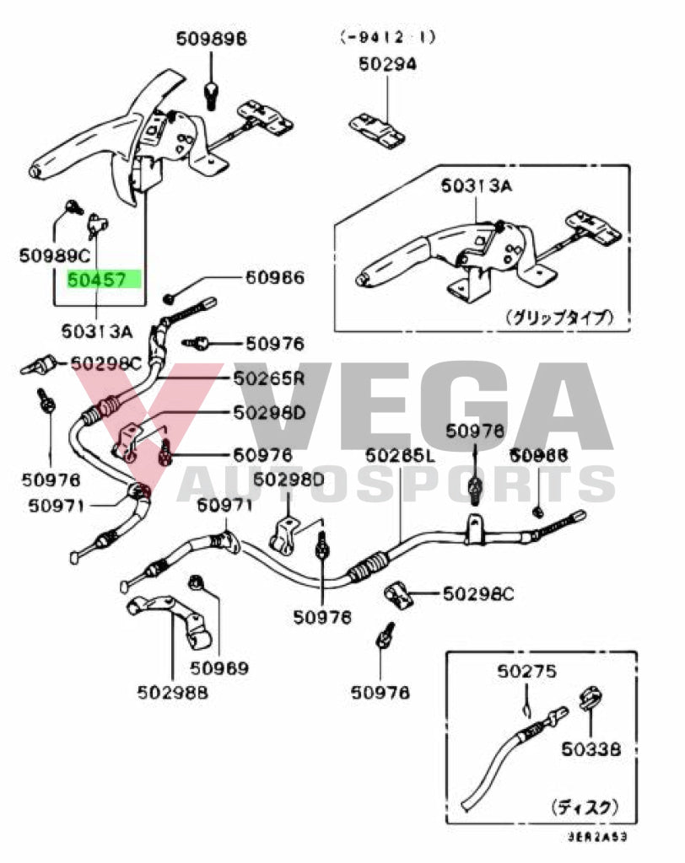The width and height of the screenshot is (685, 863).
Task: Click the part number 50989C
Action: [x=54, y=253]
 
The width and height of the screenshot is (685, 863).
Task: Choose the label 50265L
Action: [x=400, y=457]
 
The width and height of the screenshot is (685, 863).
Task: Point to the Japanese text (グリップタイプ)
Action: [x=559, y=318]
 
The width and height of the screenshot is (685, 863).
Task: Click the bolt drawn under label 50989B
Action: [x=212, y=88]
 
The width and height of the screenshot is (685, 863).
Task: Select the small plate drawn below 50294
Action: [x=380, y=127]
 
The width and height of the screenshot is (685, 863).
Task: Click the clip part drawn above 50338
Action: [x=591, y=700]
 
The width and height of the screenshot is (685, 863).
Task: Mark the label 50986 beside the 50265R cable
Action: [x=274, y=278]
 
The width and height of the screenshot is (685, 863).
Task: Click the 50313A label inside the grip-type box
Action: [x=475, y=186]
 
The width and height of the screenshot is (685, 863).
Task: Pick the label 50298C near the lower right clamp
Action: [x=478, y=595]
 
